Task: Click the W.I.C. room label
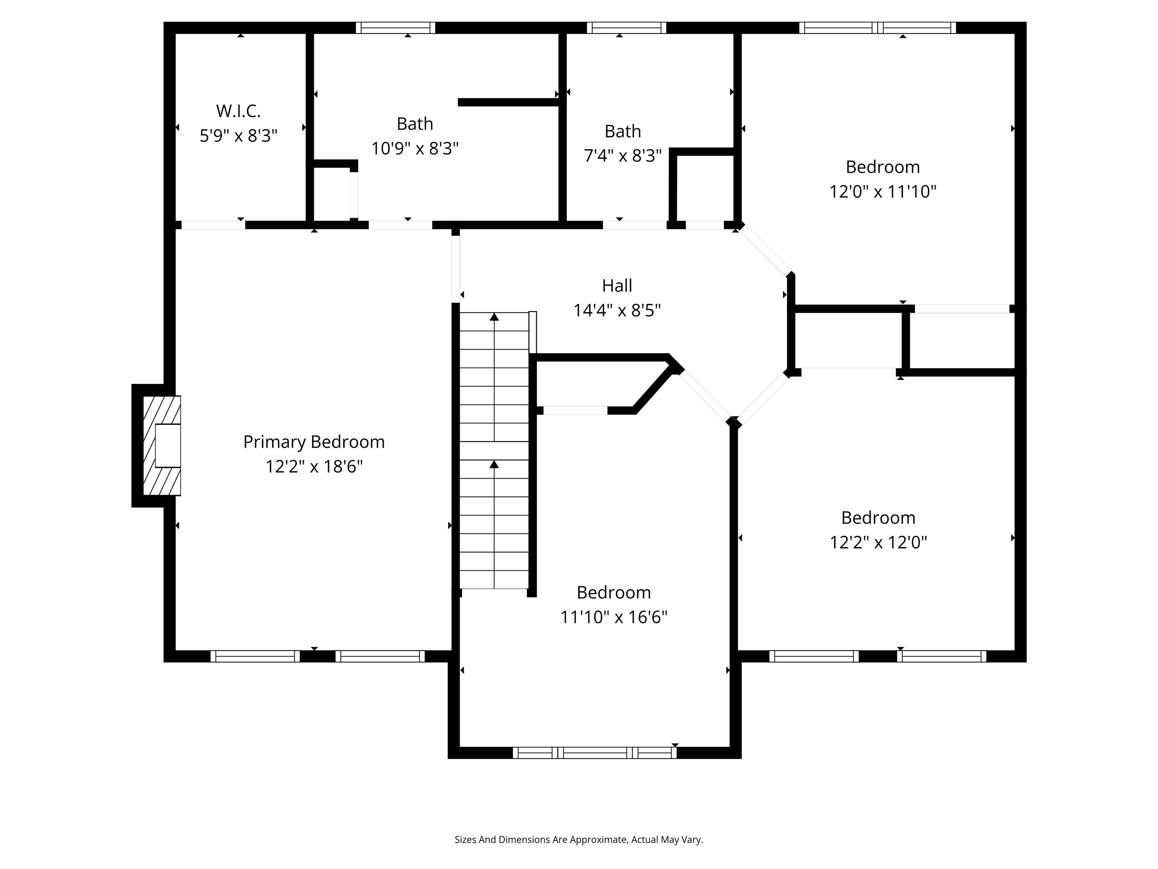[x=238, y=111]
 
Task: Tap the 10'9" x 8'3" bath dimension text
[x=415, y=149]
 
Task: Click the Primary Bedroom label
[x=314, y=442]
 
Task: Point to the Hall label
[x=617, y=286]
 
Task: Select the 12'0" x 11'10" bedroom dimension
[x=882, y=192]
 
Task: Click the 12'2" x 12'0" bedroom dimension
[x=878, y=542]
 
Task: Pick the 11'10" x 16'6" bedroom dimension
[x=614, y=617]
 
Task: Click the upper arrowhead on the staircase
[x=494, y=317]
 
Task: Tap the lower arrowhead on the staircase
[x=494, y=464]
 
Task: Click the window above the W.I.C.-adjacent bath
[x=396, y=28]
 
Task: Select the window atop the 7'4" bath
[x=626, y=28]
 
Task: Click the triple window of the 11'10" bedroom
[x=595, y=753]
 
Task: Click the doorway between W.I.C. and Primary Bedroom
[x=213, y=225]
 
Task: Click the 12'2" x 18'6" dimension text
[x=314, y=467]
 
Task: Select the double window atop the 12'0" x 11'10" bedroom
[x=878, y=28]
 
